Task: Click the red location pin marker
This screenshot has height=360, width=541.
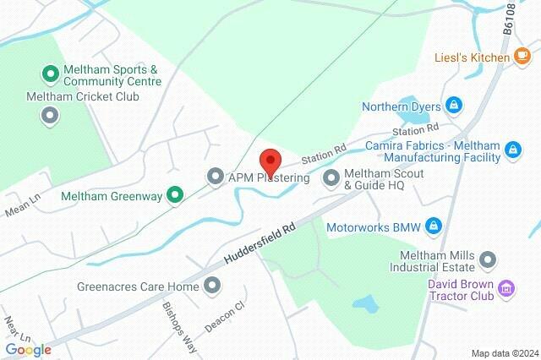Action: (x=270, y=161)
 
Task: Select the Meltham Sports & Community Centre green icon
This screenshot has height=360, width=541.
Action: (x=51, y=75)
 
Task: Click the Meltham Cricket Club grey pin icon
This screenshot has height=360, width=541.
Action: (x=51, y=115)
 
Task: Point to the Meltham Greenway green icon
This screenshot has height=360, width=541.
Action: (x=175, y=195)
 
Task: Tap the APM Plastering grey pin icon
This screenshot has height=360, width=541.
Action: (x=216, y=177)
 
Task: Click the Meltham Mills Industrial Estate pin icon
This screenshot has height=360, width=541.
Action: (x=488, y=259)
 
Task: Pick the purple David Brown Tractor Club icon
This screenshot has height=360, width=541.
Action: (x=506, y=290)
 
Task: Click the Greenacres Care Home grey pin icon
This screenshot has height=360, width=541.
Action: (x=211, y=286)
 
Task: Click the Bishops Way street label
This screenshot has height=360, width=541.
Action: (x=179, y=317)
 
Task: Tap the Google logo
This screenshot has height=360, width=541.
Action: (x=28, y=350)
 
